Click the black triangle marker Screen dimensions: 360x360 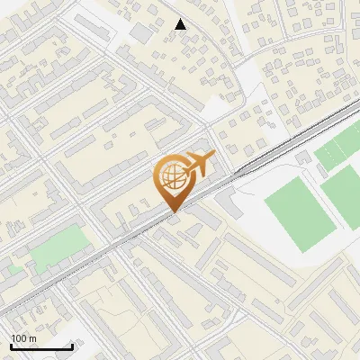tap(181, 24)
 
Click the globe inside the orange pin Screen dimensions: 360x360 tap(172, 176)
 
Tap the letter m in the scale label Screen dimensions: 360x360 tap(33, 338)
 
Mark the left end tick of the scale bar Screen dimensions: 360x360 tap(11, 346)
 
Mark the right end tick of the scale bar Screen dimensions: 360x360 tap(72, 346)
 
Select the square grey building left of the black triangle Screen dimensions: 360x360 tap(142, 33)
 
